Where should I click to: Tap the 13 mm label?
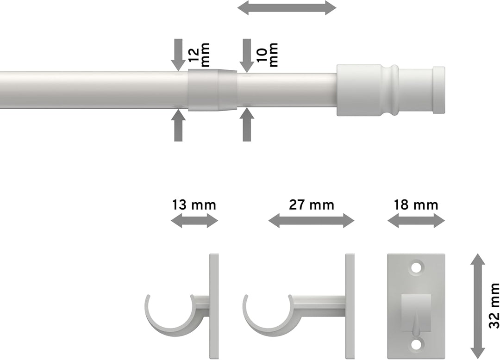pos(194,204)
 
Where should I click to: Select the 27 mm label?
pos(311,204)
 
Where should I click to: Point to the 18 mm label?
pos(416,204)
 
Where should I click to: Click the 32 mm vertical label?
pos(494,305)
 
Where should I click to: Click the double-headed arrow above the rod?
pos(287,7)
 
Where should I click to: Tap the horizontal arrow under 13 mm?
pos(194,221)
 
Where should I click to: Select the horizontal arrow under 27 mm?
pos(311,221)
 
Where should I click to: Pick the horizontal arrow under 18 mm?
pos(416,221)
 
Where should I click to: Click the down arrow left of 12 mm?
pos(178,55)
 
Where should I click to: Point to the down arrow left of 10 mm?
pos(247,55)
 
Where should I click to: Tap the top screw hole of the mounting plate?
pos(416,267)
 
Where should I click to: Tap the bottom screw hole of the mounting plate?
pos(416,343)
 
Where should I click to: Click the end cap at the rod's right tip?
pos(439,90)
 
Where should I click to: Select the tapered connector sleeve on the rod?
pos(212,90)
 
